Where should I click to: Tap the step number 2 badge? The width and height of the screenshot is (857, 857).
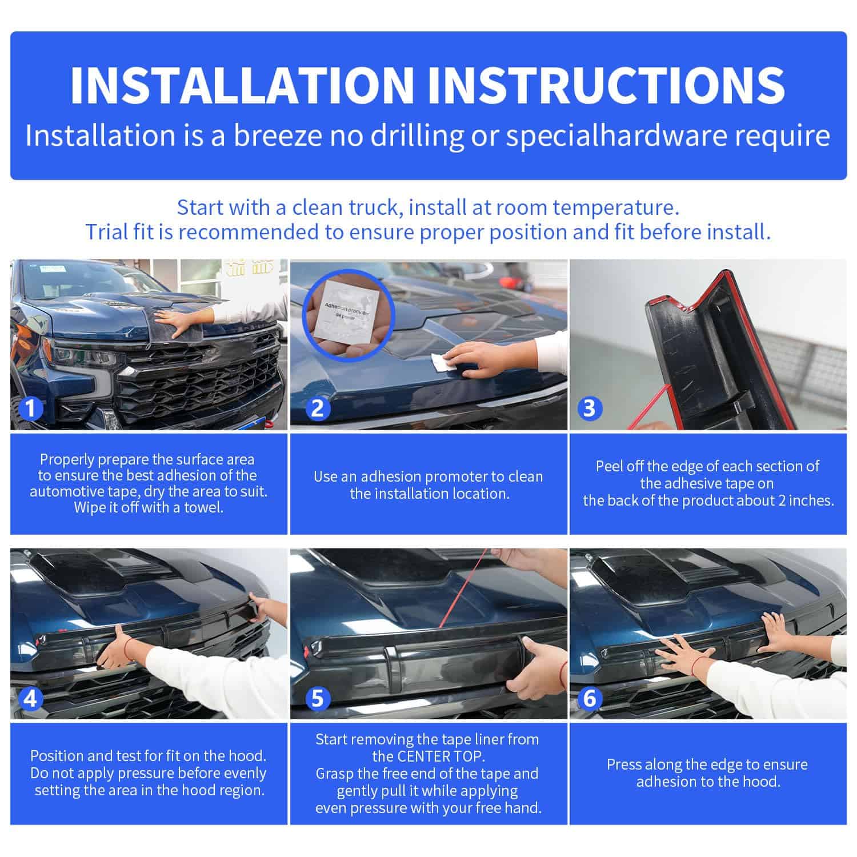pos(317,408)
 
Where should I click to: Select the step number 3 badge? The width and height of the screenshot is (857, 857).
pos(590,408)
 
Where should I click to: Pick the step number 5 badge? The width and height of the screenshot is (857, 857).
pos(317,698)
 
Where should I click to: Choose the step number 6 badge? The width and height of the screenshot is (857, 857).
pos(590,698)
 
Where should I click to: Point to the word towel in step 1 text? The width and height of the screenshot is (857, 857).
pos(203,507)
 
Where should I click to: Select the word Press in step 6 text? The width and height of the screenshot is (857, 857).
pos(625,764)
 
